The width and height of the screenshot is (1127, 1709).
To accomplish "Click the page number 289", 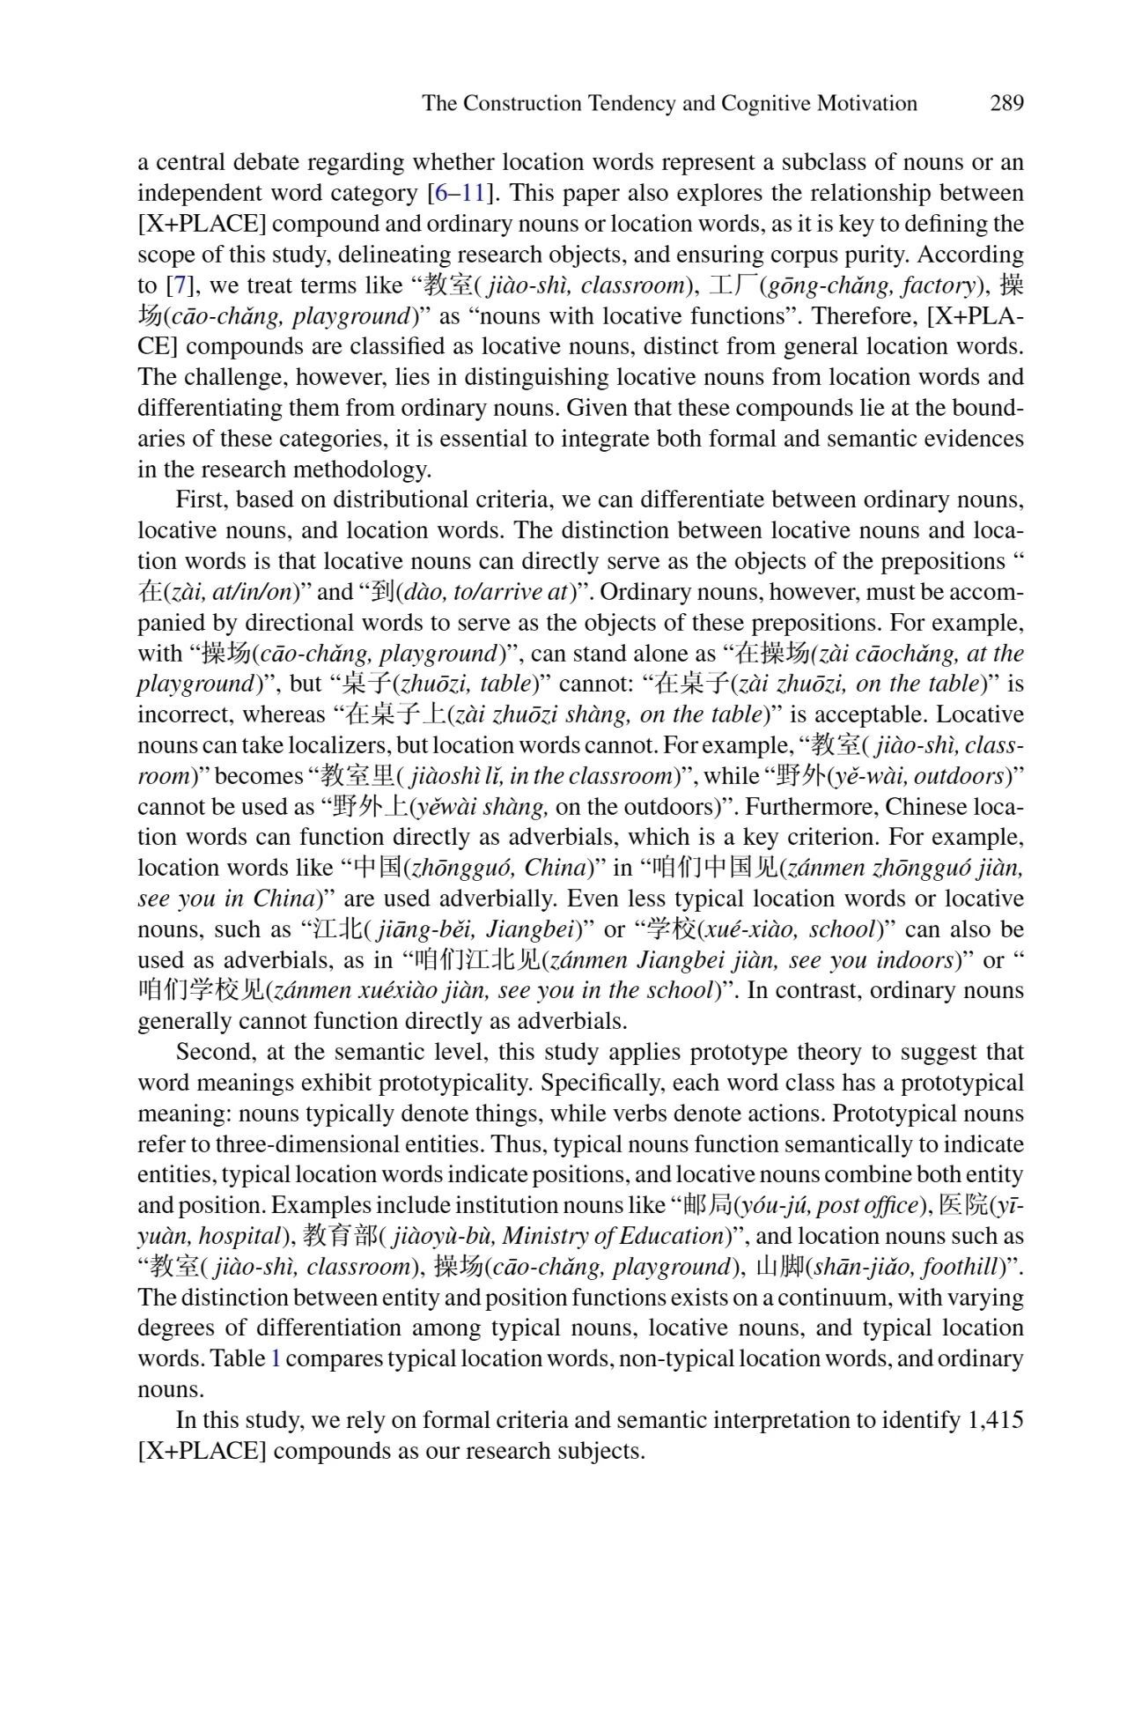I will click(x=1006, y=103).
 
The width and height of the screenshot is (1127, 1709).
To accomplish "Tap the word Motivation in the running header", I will click(x=866, y=103).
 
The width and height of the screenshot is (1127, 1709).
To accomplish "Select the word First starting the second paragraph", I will click(x=201, y=499).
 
